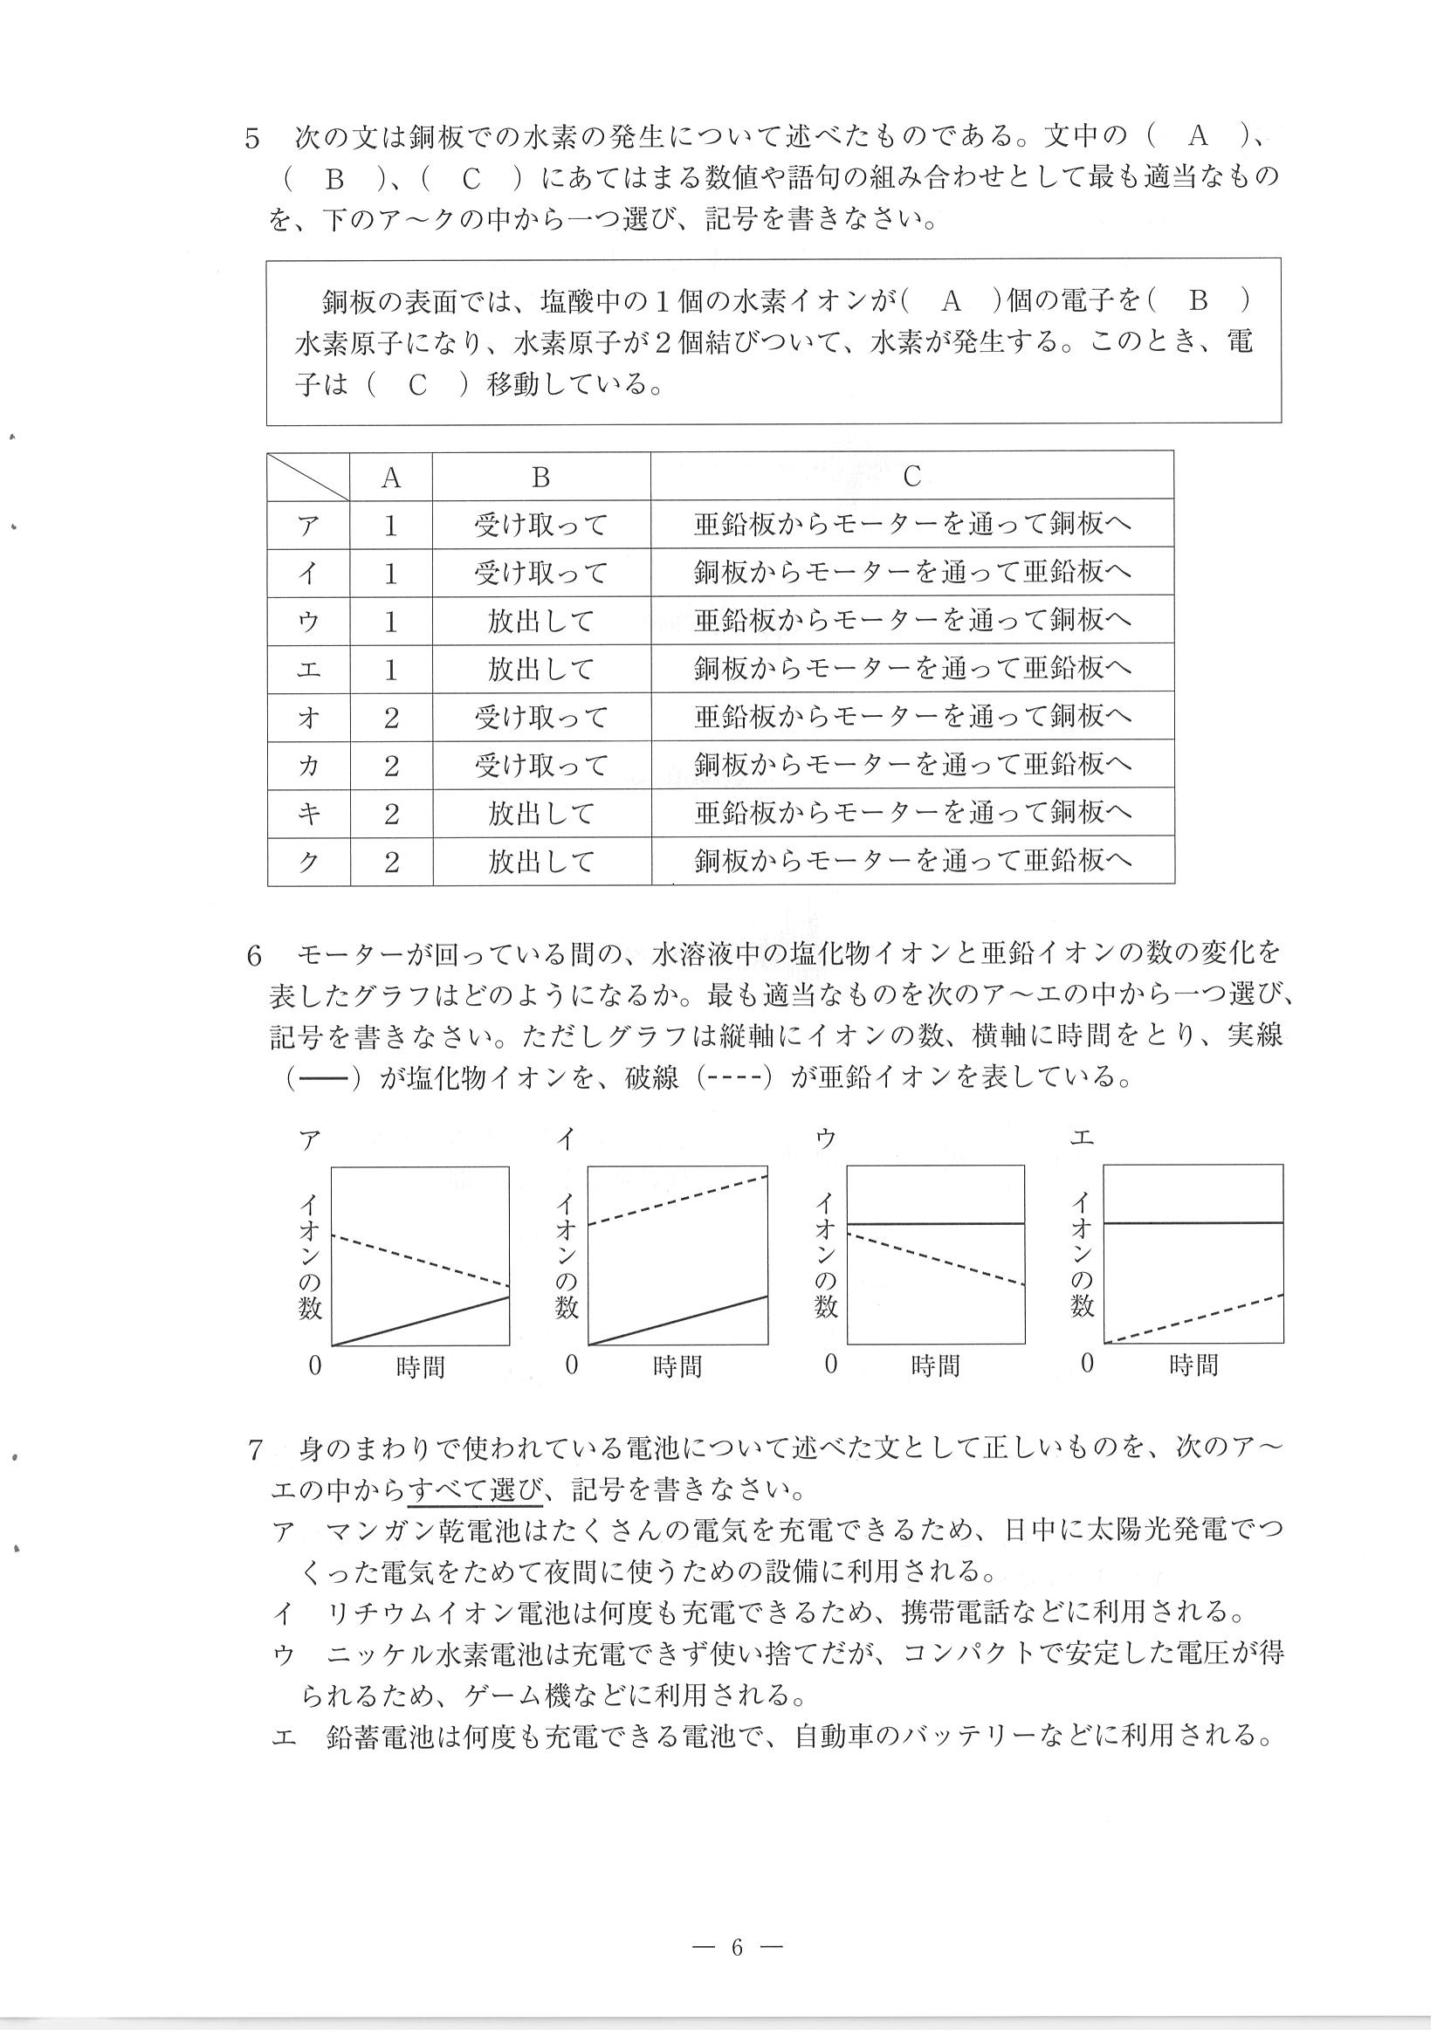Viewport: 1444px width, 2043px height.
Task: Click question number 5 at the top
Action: pyautogui.click(x=252, y=139)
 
